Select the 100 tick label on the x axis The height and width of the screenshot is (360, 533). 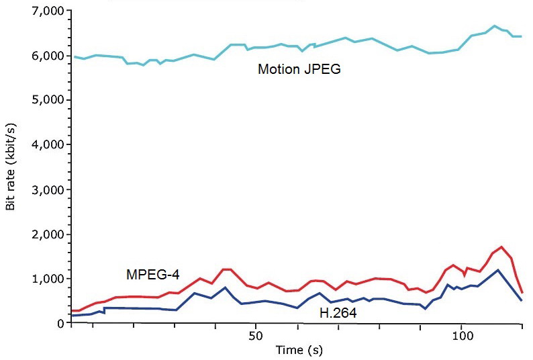(x=461, y=334)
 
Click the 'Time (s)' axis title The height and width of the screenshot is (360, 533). (x=299, y=350)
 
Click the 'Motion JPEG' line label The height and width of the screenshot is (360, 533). (x=299, y=69)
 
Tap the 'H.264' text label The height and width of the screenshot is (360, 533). (x=338, y=313)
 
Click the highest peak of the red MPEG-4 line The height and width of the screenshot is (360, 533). (x=501, y=246)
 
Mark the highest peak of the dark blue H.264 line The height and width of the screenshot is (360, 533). (x=497, y=270)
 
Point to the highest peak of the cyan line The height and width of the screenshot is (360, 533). (x=494, y=26)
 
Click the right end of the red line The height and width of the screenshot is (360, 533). (x=522, y=292)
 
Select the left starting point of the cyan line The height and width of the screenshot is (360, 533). (x=72, y=57)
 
